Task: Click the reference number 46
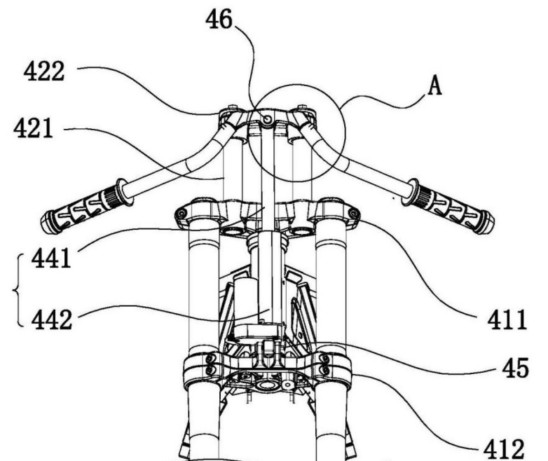[219, 19]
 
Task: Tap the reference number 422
[44, 71]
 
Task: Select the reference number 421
[33, 128]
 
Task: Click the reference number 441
[51, 259]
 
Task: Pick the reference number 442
[52, 319]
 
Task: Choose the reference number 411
[507, 319]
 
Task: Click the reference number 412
[504, 449]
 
